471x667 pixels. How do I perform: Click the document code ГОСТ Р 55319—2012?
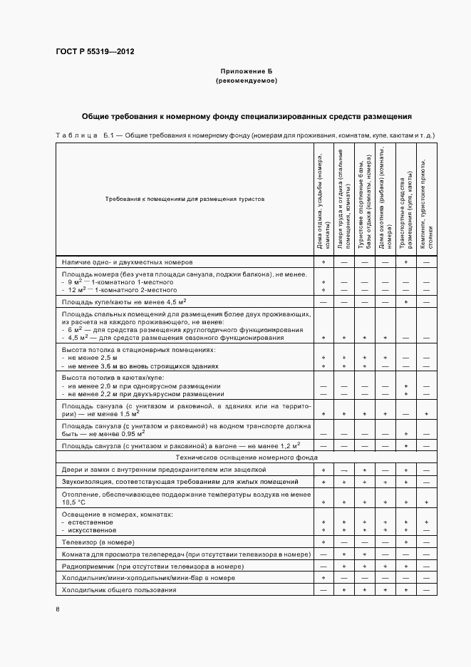coord(94,52)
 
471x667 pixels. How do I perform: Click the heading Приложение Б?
coord(247,72)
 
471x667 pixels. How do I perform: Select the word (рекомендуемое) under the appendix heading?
coord(247,81)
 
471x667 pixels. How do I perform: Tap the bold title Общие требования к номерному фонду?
coord(247,115)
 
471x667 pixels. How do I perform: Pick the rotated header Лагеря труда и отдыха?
coord(344,199)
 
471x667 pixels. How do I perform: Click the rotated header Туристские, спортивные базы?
coord(364,199)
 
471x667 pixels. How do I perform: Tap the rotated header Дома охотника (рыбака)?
coord(385,199)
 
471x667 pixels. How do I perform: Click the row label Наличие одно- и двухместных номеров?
coord(128,262)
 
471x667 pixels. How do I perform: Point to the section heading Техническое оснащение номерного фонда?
coord(247,457)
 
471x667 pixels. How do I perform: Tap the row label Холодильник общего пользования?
coord(118,591)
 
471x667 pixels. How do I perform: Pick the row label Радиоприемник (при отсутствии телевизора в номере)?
coord(153,567)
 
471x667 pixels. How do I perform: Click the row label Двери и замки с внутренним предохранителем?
coord(164,470)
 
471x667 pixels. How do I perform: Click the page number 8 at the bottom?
coord(58,609)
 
